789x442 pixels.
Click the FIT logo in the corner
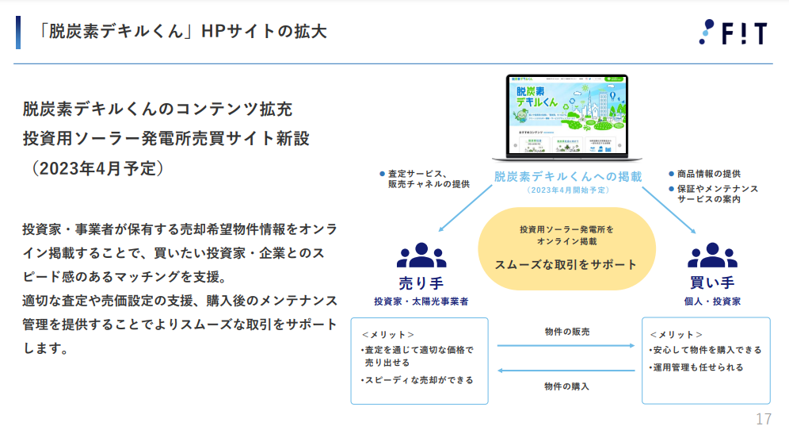point(732,32)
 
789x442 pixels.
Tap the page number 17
point(764,420)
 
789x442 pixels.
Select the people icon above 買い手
point(712,256)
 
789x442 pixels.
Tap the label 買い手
point(712,282)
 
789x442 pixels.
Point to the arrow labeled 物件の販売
point(566,346)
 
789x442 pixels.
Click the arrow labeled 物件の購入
point(566,370)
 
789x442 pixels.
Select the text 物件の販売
point(567,332)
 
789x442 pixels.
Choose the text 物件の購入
point(567,386)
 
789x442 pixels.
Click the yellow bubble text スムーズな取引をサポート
point(566,264)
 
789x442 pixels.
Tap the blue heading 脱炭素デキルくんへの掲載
point(567,176)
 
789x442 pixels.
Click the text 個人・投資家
point(712,302)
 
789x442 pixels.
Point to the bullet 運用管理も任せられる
point(697,367)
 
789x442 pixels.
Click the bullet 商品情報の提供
point(709,174)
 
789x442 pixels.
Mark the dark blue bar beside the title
point(18,32)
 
